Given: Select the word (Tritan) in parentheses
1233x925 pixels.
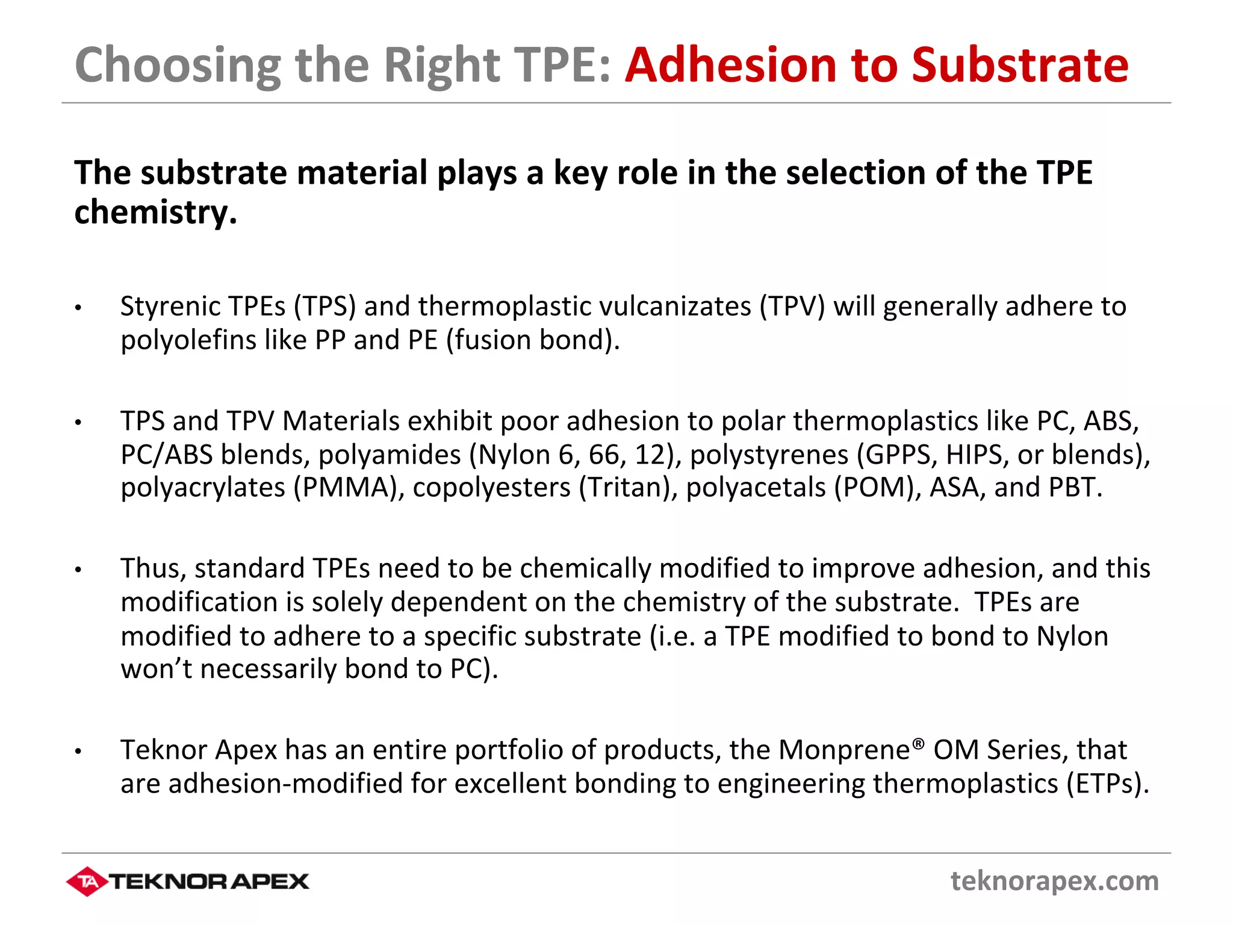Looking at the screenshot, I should click(x=629, y=487).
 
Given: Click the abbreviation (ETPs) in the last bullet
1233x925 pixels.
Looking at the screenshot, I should click(x=1107, y=784).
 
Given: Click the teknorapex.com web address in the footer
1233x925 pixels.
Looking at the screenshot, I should click(x=1054, y=881).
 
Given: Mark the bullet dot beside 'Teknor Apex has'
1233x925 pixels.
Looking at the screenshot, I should click(x=78, y=751).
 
